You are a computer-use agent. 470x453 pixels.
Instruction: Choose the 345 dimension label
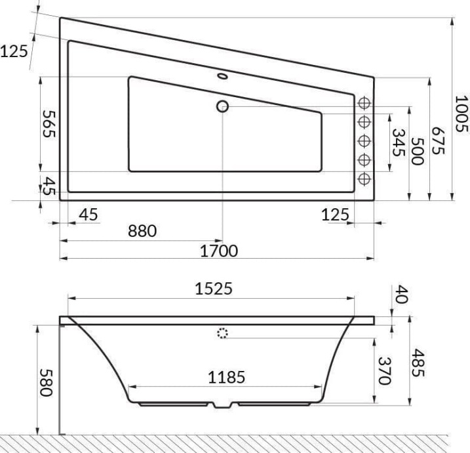click(x=397, y=141)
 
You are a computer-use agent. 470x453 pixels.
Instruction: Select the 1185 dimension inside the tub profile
click(x=226, y=377)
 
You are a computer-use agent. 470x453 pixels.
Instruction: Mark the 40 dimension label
click(x=402, y=293)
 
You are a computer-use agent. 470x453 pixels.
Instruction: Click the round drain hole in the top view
click(x=222, y=106)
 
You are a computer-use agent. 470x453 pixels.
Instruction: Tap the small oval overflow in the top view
click(x=224, y=76)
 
